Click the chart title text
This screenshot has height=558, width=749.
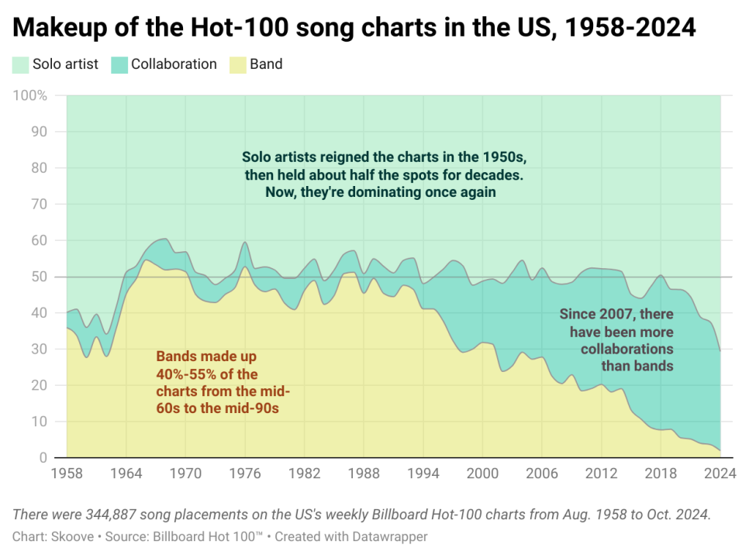(x=354, y=28)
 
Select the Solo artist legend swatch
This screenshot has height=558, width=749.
(x=21, y=64)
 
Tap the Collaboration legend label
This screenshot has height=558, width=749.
(x=174, y=64)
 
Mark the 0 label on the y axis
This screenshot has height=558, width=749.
(x=43, y=458)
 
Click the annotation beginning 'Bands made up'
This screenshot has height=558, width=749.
(x=218, y=382)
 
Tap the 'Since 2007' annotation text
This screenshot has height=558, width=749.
(x=616, y=339)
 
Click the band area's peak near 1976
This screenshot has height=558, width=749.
(x=245, y=267)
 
